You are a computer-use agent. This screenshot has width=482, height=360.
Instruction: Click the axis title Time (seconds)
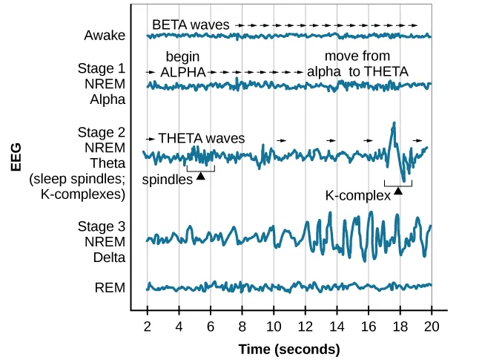[x=288, y=349]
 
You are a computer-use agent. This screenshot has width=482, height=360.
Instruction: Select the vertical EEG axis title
[x=16, y=156]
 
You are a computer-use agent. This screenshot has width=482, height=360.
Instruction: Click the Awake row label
[x=105, y=36]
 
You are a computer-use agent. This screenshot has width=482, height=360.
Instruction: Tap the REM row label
[x=110, y=287]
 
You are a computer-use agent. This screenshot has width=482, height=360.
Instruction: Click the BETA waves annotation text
[x=191, y=24]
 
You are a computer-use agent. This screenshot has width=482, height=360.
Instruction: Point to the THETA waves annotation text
[x=201, y=138]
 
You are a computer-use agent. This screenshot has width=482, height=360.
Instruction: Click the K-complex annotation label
[x=357, y=196]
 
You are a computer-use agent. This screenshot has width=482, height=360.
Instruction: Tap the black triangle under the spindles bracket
[x=200, y=175]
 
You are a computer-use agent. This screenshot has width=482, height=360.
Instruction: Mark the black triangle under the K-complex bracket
[x=397, y=191]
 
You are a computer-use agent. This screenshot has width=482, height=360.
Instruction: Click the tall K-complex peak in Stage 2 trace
[x=394, y=124]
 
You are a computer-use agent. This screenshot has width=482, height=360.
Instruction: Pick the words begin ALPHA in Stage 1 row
[x=182, y=65]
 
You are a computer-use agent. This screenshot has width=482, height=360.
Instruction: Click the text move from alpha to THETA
[x=357, y=65]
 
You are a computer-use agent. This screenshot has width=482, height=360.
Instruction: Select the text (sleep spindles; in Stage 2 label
[x=77, y=179]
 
